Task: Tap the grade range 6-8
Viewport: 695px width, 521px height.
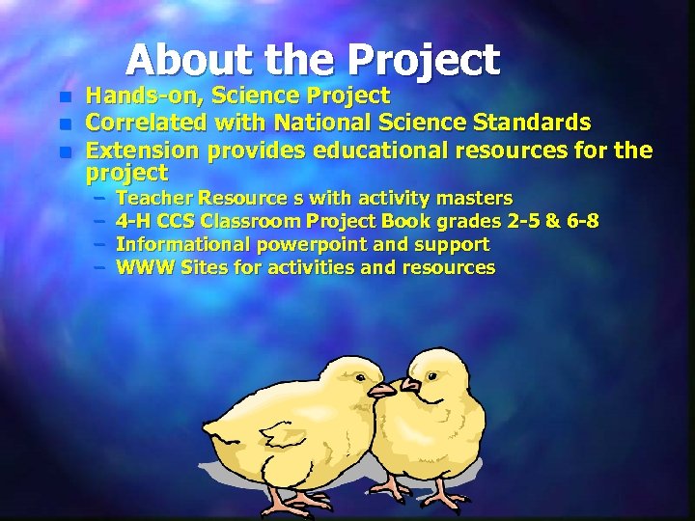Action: pos(581,221)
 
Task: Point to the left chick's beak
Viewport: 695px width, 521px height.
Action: pos(380,390)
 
